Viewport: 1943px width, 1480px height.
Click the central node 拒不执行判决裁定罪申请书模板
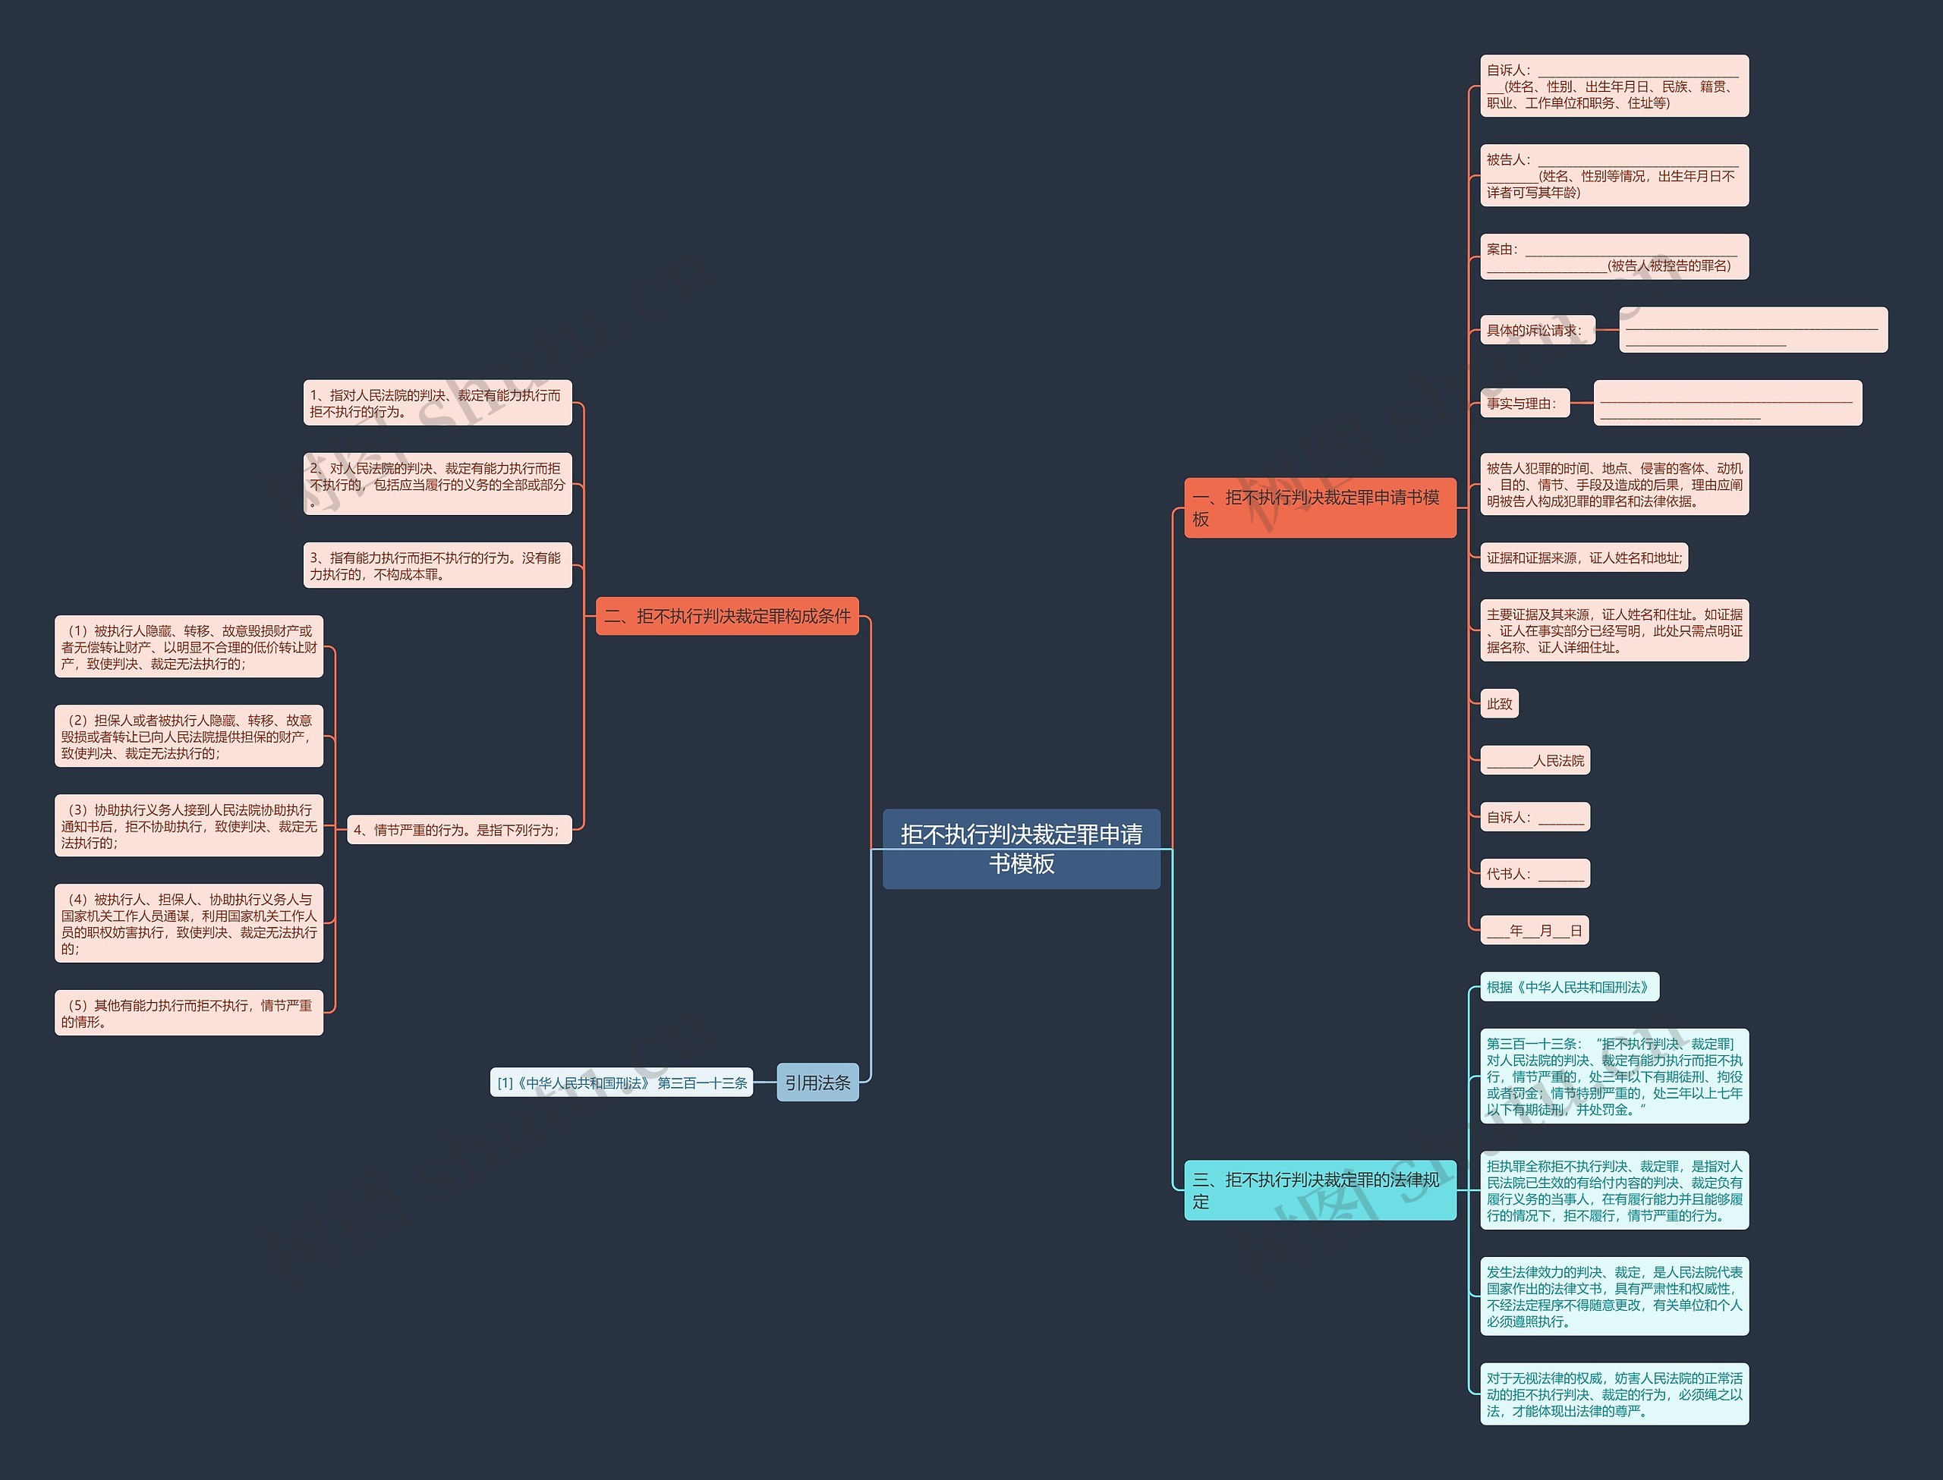(x=1022, y=848)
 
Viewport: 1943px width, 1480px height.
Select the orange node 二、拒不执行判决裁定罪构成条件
(x=727, y=616)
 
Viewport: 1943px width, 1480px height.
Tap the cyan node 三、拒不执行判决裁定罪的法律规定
(x=1320, y=1190)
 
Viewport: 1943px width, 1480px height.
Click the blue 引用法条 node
(x=817, y=1082)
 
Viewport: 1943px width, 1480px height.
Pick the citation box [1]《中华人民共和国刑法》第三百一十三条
(x=622, y=1083)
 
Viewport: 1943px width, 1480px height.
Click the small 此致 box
(x=1500, y=703)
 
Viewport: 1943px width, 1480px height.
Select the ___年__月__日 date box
(x=1534, y=930)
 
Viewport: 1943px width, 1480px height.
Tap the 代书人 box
(x=1535, y=873)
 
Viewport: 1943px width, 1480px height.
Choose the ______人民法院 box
(x=1535, y=760)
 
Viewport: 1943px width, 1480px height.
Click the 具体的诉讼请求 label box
(x=1538, y=329)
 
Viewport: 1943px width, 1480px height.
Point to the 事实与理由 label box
(x=1526, y=403)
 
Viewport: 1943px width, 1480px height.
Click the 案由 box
(x=1614, y=256)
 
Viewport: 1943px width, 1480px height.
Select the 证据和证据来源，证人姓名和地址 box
(x=1583, y=557)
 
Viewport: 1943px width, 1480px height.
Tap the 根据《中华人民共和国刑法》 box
(x=1570, y=987)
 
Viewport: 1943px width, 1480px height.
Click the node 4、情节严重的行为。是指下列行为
(x=459, y=829)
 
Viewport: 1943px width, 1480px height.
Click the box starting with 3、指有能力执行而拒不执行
(x=437, y=566)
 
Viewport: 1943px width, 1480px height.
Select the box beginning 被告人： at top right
(x=1614, y=175)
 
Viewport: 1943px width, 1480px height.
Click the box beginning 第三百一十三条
(x=1614, y=1076)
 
